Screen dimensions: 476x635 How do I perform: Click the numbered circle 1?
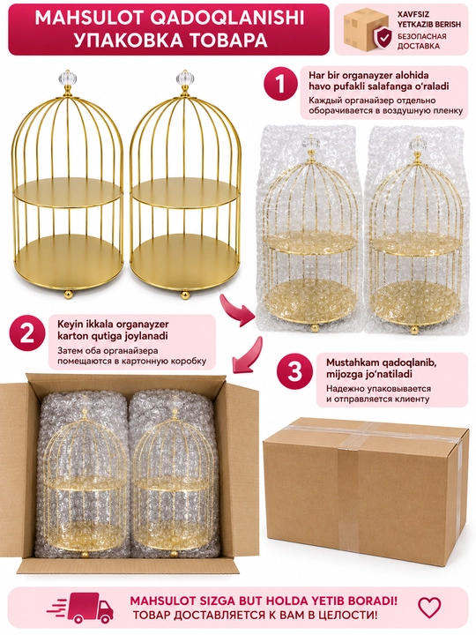coord(280,84)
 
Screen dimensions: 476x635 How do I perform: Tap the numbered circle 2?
coord(27,335)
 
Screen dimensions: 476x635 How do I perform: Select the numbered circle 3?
coord(294,370)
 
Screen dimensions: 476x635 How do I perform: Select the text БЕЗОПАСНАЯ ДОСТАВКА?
coord(421,41)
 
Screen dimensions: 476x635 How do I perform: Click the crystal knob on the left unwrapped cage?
coord(67,77)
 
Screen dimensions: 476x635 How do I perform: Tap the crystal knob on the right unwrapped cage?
coord(185,77)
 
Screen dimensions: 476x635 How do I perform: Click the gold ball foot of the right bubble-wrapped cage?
coord(414,331)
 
